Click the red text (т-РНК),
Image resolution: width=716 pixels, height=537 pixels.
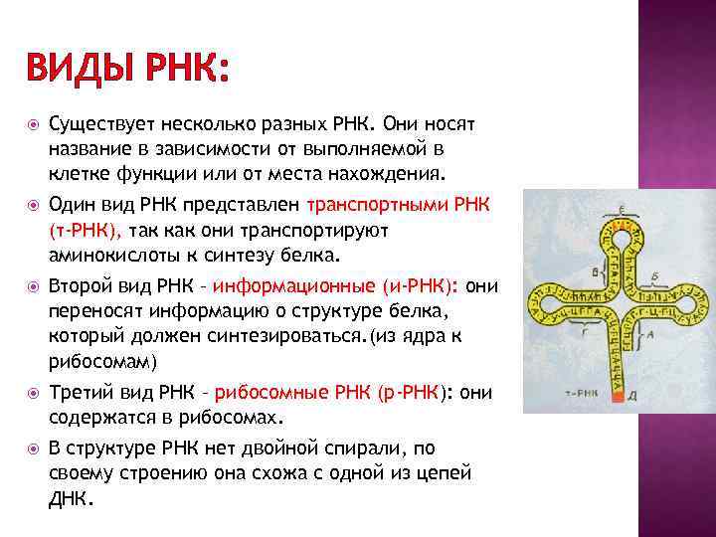click(86, 230)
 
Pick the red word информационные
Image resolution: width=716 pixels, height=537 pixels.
click(293, 286)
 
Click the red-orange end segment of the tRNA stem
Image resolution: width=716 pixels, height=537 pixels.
click(618, 397)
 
